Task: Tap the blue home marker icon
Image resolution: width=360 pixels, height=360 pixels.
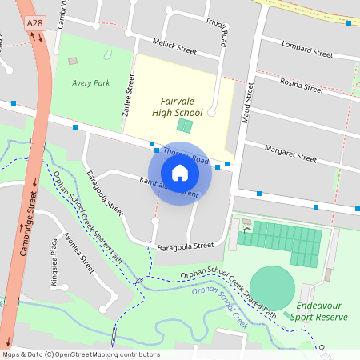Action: click(x=180, y=173)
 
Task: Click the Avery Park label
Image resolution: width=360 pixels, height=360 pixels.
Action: click(x=90, y=82)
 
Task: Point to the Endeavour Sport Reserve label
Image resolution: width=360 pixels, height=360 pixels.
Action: click(x=322, y=311)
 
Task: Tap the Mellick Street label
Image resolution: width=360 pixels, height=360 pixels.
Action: click(x=174, y=49)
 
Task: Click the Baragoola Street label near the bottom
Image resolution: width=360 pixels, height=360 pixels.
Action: click(x=186, y=246)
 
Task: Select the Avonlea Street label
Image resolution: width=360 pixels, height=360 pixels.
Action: click(x=78, y=254)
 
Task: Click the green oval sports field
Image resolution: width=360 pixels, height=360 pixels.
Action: click(x=272, y=284)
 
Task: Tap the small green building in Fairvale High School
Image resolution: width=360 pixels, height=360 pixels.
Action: click(x=185, y=126)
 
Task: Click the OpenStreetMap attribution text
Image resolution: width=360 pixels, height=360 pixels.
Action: click(x=80, y=354)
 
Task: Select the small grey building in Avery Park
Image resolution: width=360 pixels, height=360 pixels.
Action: click(x=73, y=61)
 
